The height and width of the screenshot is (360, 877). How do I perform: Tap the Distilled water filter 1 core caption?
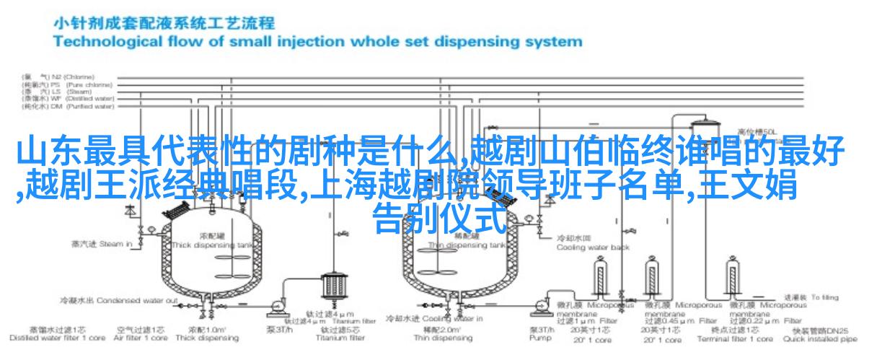pyautogui.click(x=48, y=338)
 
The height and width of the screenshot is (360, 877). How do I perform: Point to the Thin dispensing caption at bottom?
pyautogui.click(x=436, y=338)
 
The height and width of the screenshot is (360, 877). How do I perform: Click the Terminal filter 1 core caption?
pyautogui.click(x=736, y=338)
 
